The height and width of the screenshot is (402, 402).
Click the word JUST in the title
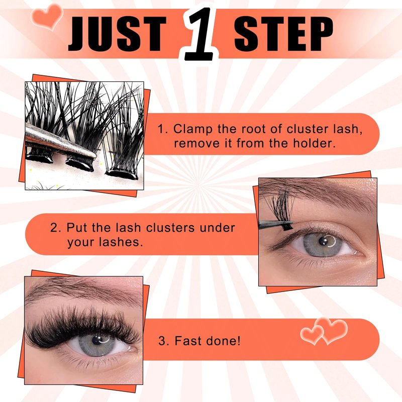(117, 34)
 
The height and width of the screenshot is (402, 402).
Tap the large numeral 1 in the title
(200, 34)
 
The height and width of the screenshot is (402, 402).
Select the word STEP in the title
(283, 34)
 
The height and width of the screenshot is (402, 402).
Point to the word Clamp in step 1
(193, 129)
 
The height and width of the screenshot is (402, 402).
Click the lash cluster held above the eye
(281, 209)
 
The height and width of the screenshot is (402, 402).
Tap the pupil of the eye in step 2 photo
(323, 241)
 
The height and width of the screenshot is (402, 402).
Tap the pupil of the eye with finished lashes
(97, 340)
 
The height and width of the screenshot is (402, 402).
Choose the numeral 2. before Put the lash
(55, 228)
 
